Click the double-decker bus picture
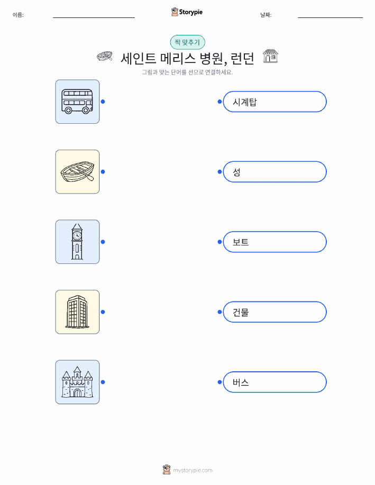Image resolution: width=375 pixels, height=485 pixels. coord(77,102)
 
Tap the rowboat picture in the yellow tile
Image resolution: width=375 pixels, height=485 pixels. coord(77,172)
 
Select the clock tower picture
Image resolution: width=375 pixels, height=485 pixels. coord(77,242)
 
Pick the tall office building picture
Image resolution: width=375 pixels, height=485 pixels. coord(77,312)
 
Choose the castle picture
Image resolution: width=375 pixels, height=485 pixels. coord(77,382)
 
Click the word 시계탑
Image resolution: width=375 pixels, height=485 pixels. coord(245,102)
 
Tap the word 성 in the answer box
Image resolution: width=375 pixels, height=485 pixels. coord(236,172)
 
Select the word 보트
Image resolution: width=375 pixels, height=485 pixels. coord(241,242)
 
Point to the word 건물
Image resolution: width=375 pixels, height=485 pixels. coord(241,312)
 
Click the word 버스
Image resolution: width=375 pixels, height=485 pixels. coord(241,382)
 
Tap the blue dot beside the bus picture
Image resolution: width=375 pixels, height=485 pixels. coord(103,102)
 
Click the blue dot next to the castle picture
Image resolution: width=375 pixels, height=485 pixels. coord(103,382)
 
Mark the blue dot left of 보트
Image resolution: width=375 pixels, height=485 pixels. coord(219,242)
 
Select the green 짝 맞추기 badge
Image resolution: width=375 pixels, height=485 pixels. coord(187,42)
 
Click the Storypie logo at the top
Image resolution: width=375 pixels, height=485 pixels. coord(187,12)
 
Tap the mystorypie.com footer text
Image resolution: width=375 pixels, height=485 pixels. coord(193,471)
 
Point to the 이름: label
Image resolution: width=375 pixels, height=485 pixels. coord(18,15)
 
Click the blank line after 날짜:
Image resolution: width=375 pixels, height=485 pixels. coord(331,17)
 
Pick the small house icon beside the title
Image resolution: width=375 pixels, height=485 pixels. coord(270,56)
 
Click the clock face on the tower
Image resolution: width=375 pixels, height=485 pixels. coord(77,235)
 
